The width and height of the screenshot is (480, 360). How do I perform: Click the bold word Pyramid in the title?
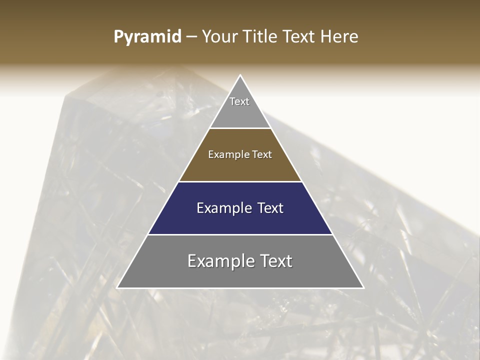(x=147, y=37)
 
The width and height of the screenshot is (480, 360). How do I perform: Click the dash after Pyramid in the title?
(x=191, y=37)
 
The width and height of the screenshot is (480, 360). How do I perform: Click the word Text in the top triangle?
(x=239, y=101)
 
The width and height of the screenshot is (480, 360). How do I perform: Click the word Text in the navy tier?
(x=270, y=208)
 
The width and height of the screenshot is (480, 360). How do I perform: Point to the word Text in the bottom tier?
(x=276, y=261)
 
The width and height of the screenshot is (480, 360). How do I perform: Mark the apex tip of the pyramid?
(x=240, y=75)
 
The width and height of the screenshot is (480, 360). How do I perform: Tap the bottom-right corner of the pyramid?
(x=363, y=287)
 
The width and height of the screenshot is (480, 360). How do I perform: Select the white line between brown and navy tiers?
(x=240, y=181)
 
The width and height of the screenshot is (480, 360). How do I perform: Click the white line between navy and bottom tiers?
(x=240, y=234)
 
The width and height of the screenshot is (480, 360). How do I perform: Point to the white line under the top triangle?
(x=240, y=128)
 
